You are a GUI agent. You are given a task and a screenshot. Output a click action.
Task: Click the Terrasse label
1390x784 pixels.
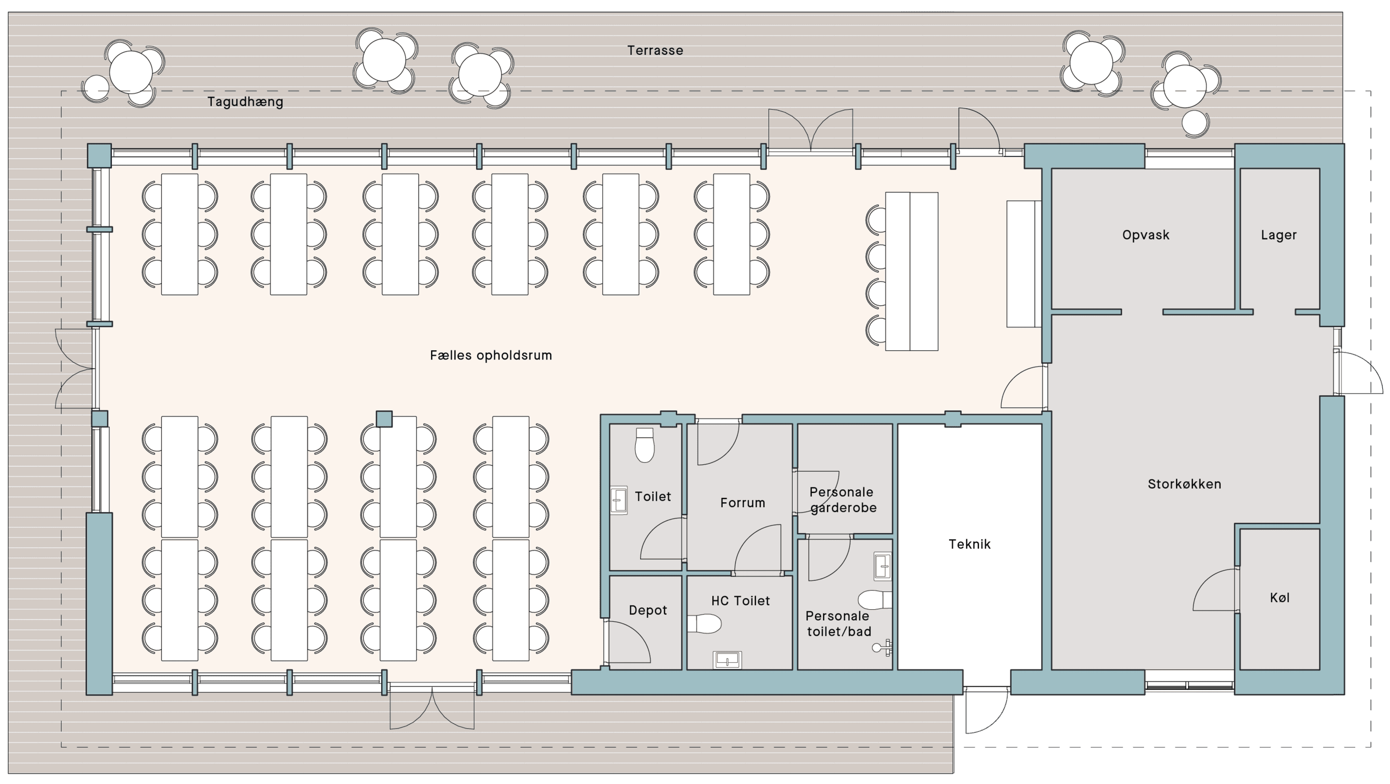tap(655, 50)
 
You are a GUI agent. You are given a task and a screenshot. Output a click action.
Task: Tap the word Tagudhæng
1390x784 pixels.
tap(245, 102)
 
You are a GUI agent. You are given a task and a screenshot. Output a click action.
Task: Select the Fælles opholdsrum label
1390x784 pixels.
tap(491, 356)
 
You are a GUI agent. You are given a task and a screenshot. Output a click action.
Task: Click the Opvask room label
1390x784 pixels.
tap(1146, 235)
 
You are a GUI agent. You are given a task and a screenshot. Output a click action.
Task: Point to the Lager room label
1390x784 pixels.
tap(1279, 235)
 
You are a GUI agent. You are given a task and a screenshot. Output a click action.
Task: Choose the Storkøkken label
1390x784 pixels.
tap(1184, 484)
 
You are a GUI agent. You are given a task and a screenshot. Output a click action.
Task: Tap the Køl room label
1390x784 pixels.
tap(1280, 598)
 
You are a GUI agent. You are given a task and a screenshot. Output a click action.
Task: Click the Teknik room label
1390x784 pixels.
tap(970, 544)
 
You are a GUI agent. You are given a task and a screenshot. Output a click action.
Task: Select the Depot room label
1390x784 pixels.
tap(648, 610)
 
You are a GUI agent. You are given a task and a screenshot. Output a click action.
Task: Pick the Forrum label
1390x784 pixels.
tap(743, 503)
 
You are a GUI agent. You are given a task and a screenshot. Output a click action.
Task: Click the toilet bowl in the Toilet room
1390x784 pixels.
tap(645, 445)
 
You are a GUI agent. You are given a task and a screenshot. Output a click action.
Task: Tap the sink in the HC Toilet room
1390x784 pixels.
tap(727, 660)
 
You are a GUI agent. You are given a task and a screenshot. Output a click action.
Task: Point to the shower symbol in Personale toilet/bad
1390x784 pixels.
tap(883, 647)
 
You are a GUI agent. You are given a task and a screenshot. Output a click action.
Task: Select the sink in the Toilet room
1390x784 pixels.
tap(618, 500)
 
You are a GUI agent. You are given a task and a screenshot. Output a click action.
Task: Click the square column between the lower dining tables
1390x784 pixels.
tap(384, 419)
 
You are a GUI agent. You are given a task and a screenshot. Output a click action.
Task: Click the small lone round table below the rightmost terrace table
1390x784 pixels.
tap(1195, 124)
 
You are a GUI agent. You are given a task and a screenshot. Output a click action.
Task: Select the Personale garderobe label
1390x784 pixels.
tap(842, 500)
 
